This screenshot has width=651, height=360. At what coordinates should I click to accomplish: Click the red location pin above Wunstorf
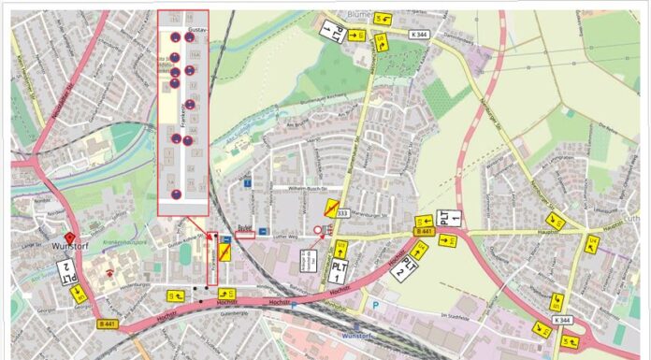pos(69,238)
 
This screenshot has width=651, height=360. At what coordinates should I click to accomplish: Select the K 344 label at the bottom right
pos(562,320)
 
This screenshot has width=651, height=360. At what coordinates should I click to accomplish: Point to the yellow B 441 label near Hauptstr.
pos(423,231)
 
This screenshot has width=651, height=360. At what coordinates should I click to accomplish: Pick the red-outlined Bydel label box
pos(245,234)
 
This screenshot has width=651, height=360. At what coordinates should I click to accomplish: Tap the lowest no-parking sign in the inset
pos(175,196)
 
